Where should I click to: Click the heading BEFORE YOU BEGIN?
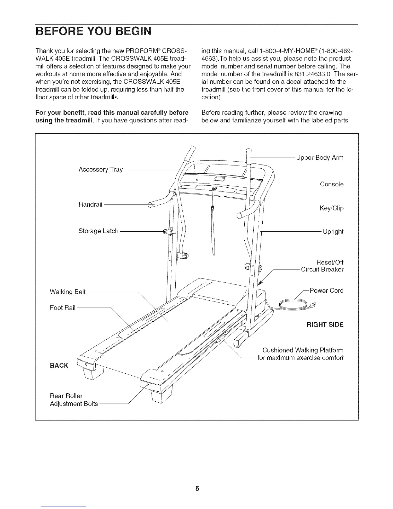click(93, 32)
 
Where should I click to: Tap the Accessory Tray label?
click(100, 169)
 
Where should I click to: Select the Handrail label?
click(90, 204)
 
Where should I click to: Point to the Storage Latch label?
click(99, 231)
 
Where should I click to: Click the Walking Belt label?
click(68, 292)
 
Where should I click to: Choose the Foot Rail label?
click(63, 308)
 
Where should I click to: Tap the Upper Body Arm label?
click(319, 158)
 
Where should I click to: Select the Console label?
click(332, 184)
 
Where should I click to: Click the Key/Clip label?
click(331, 208)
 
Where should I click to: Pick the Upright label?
click(333, 232)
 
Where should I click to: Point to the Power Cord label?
click(326, 290)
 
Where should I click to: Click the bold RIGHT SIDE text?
click(325, 325)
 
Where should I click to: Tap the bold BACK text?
click(59, 366)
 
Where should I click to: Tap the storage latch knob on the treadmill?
click(166, 231)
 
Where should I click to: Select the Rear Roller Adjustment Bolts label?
click(74, 399)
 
